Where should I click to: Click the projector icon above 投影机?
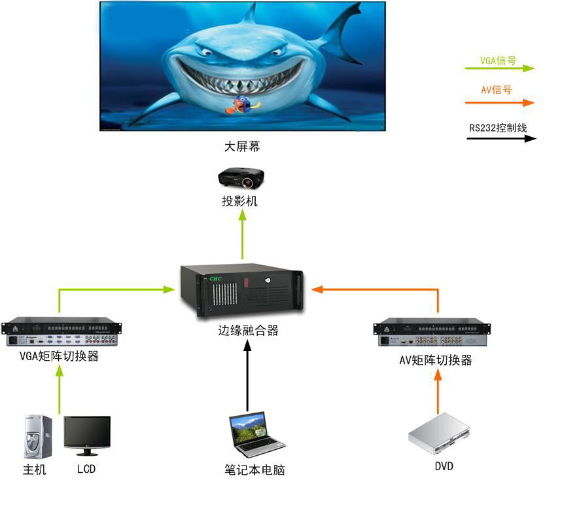(x=241, y=177)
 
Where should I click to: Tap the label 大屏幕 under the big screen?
(x=242, y=147)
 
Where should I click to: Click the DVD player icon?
(x=439, y=433)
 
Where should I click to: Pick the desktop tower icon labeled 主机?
(x=38, y=437)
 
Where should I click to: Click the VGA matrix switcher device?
(x=61, y=333)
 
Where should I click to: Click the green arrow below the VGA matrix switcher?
(x=60, y=389)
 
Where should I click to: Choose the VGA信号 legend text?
(x=498, y=61)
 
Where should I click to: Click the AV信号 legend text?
(x=497, y=90)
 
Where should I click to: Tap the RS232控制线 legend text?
(x=498, y=128)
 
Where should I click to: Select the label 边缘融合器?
(x=249, y=331)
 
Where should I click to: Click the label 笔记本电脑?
(x=255, y=470)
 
